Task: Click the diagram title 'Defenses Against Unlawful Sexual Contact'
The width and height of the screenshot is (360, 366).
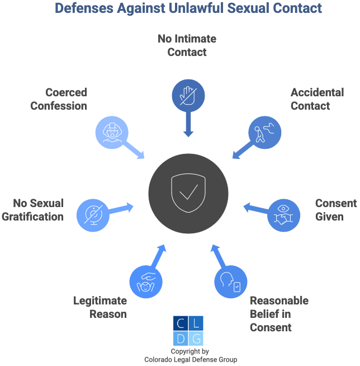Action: coord(188,8)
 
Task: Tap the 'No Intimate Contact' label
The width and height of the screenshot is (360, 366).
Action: coord(187,45)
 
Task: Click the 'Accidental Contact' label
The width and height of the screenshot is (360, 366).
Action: coord(317,99)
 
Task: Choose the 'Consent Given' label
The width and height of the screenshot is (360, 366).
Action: coord(335,209)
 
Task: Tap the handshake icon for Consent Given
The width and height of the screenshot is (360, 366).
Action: coord(285,214)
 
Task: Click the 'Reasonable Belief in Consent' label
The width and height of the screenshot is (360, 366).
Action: coord(279,313)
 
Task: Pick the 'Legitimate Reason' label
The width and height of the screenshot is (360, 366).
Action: coord(100,307)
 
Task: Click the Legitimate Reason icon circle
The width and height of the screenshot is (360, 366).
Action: coord(146,281)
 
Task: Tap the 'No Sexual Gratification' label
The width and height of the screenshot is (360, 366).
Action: coord(32,209)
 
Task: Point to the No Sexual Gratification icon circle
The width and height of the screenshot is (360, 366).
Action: coord(93,214)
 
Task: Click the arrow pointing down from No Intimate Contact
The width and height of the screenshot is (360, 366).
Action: coord(188,125)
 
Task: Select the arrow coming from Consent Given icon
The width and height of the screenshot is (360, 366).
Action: coord(255,209)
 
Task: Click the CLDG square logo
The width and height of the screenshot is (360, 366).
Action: coord(188,331)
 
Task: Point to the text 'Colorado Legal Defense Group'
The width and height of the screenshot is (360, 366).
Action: coord(188,359)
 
